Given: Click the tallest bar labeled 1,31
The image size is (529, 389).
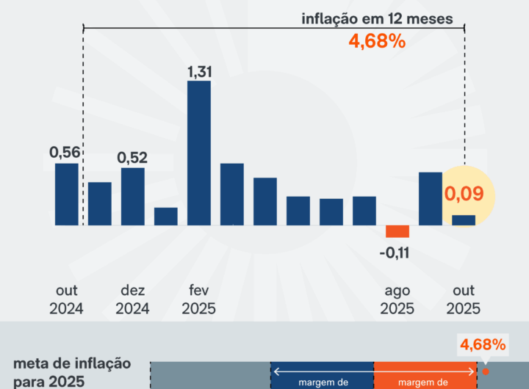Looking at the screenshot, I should pyautogui.click(x=199, y=153).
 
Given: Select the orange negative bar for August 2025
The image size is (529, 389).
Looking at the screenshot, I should pyautogui.click(x=397, y=231).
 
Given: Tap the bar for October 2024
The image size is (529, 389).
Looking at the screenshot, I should pyautogui.click(x=67, y=194).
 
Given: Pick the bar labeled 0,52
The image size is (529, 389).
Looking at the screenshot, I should pyautogui.click(x=133, y=196).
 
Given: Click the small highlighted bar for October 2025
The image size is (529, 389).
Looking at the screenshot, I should pyautogui.click(x=464, y=220).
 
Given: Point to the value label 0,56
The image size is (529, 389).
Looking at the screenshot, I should pyautogui.click(x=65, y=152).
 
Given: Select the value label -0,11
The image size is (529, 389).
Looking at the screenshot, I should pyautogui.click(x=395, y=253).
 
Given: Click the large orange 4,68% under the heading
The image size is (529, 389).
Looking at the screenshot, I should pyautogui.click(x=377, y=41).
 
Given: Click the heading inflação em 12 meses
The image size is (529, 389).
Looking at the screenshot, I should pyautogui.click(x=377, y=18).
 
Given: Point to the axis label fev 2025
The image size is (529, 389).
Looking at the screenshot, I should pyautogui.click(x=198, y=299).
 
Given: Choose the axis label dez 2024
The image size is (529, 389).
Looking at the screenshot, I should pyautogui.click(x=133, y=299).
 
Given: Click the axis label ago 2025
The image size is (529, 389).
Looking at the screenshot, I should pyautogui.click(x=397, y=299).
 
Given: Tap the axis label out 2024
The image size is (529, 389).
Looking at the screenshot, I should pyautogui.click(x=67, y=299).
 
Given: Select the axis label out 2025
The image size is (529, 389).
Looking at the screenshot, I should pyautogui.click(x=464, y=299).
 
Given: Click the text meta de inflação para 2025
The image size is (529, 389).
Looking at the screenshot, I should pyautogui.click(x=72, y=371).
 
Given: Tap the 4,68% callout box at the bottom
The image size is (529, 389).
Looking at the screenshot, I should pyautogui.click(x=482, y=343).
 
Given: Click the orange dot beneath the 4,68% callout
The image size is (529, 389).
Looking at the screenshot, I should pyautogui.click(x=485, y=371).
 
